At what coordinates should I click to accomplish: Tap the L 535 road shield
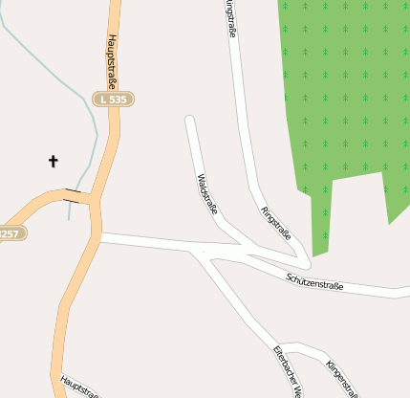coord(115,99)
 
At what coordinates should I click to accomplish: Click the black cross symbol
coord(53,162)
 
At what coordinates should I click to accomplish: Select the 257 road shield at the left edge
coord(11,233)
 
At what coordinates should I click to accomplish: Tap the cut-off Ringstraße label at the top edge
coord(230,17)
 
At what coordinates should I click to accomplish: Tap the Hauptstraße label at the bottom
coord(79,385)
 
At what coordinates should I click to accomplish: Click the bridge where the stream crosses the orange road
coord(73,197)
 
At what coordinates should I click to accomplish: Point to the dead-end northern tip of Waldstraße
coord(190,120)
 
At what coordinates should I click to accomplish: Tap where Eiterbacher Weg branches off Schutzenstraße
coord(202,253)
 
